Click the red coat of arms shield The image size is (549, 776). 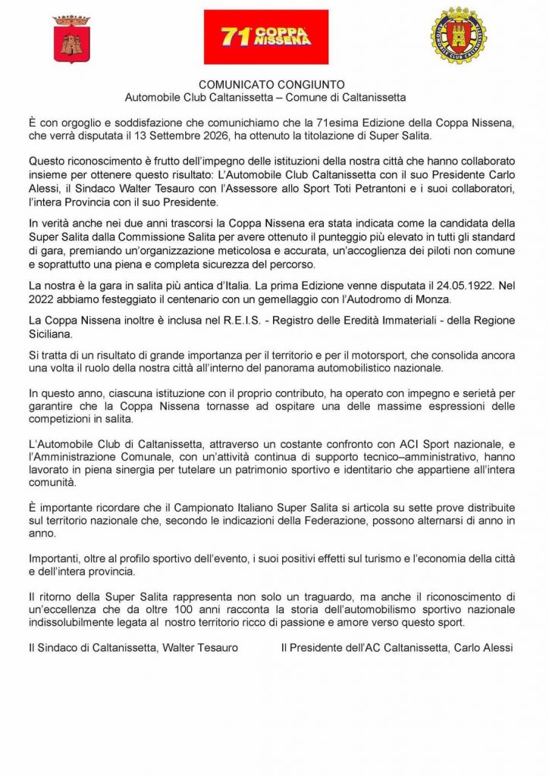[73, 39]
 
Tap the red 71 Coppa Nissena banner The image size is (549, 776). [266, 37]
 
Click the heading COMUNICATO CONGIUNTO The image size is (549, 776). [266, 86]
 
